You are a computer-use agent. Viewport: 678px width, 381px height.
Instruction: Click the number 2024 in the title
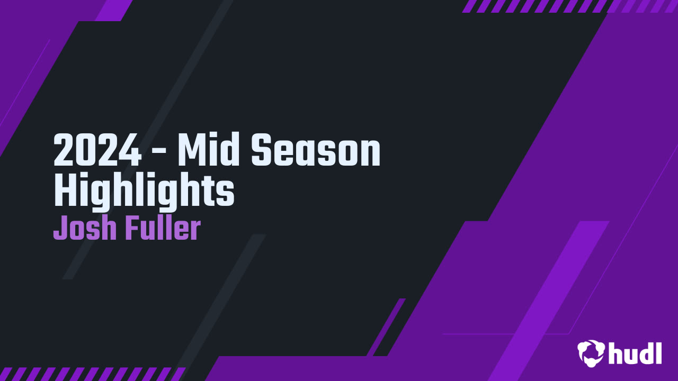click(x=97, y=151)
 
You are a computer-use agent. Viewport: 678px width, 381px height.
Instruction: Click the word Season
click(x=316, y=151)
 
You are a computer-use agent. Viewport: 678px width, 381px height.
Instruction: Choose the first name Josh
click(x=85, y=229)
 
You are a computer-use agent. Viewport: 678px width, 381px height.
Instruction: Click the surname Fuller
click(x=163, y=229)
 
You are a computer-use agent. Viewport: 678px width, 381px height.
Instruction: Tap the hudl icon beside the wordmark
click(x=591, y=352)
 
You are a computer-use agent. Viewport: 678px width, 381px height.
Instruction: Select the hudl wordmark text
click(x=635, y=352)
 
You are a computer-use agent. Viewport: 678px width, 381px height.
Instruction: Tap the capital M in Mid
click(x=189, y=151)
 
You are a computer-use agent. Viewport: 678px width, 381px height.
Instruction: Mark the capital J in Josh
click(x=59, y=229)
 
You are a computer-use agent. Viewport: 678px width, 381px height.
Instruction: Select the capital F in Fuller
click(x=131, y=229)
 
